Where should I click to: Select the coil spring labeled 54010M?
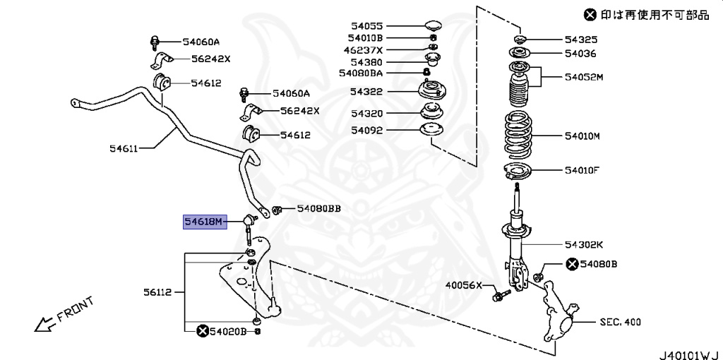pyautogui.click(x=520, y=136)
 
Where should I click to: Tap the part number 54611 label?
pyautogui.click(x=124, y=148)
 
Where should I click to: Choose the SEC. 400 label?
pyautogui.click(x=620, y=322)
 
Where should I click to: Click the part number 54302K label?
pyautogui.click(x=583, y=245)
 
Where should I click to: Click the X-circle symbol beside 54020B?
pyautogui.click(x=203, y=331)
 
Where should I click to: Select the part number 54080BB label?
pyautogui.click(x=318, y=208)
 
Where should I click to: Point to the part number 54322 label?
pyautogui.click(x=366, y=92)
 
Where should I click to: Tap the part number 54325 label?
pyautogui.click(x=580, y=40)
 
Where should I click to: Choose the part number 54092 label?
pyautogui.click(x=366, y=130)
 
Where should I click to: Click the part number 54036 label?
pyautogui.click(x=580, y=53)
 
